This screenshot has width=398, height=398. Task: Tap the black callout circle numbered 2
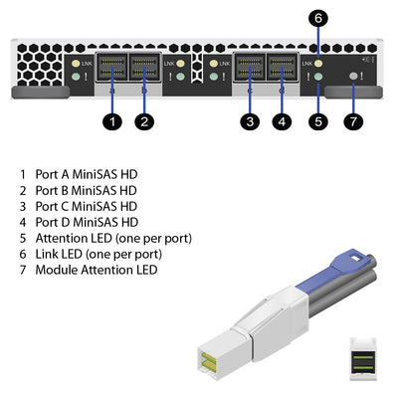coord(145,122)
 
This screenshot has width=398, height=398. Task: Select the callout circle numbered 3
coord(250,122)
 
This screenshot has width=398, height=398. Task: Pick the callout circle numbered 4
coord(283,122)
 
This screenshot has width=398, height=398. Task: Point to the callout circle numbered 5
coord(317,122)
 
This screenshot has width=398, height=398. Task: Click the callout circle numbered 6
coord(317,17)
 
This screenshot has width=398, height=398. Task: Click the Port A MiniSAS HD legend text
coord(86,173)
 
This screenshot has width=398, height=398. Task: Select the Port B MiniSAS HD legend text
coord(86,189)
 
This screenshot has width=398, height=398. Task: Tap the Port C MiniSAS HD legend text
coord(86,205)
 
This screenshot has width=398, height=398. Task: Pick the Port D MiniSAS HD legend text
coord(86,221)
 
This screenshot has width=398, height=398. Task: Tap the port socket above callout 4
coord(283,69)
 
